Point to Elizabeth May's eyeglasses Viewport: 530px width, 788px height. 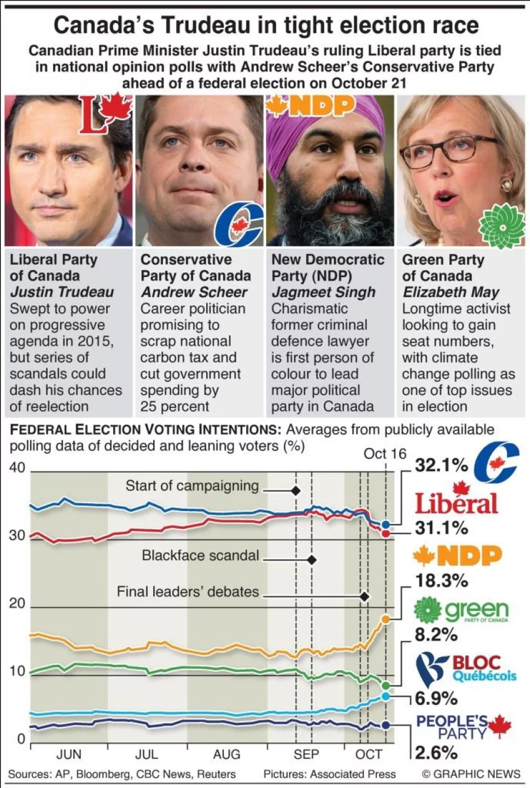coord(448,150)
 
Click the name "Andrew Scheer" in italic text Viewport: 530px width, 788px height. coord(194,292)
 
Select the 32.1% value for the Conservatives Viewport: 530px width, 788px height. coord(441,465)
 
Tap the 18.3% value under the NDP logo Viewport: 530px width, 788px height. coord(441,581)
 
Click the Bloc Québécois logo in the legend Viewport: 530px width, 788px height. coord(465,669)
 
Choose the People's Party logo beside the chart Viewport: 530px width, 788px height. coord(463,727)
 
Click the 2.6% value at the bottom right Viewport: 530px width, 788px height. coord(436,753)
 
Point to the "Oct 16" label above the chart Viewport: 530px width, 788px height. coord(385,453)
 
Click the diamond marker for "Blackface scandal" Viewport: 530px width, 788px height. coord(312,559)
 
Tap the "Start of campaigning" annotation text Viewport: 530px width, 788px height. coord(192,486)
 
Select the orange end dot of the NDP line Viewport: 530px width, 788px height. coord(386,619)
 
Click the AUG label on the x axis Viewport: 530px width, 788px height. coord(226,754)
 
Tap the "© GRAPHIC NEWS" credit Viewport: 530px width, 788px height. coord(471,774)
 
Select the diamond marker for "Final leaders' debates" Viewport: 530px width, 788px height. coord(364,596)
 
